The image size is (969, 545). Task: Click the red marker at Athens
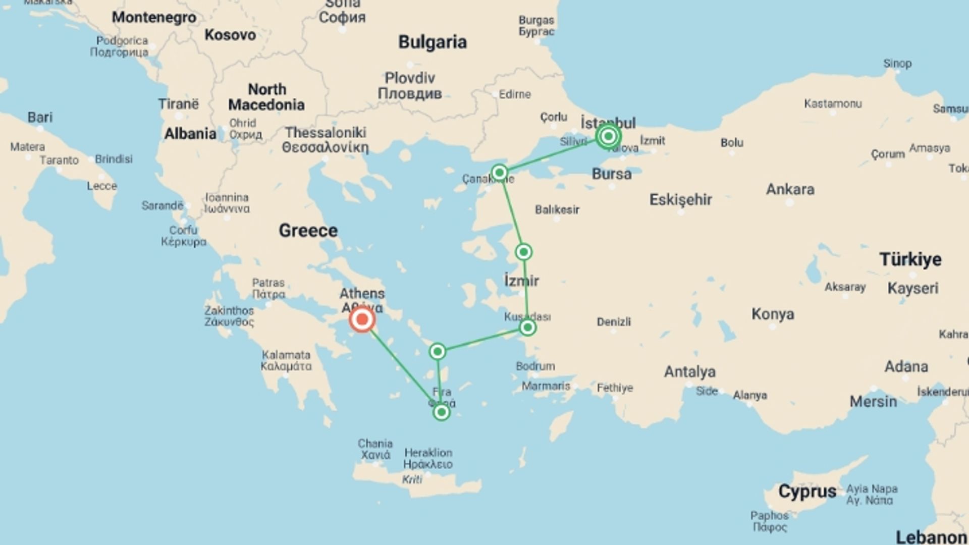(x=362, y=319)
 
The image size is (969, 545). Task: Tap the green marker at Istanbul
(x=608, y=136)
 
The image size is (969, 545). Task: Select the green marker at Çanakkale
(x=499, y=173)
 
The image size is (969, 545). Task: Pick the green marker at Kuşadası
(x=527, y=328)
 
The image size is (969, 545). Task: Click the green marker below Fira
(x=441, y=412)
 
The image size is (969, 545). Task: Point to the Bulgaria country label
(x=432, y=42)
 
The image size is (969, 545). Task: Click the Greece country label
(x=308, y=231)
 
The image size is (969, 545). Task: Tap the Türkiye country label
(x=910, y=259)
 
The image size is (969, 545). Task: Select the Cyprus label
(x=807, y=491)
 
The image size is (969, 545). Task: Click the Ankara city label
(x=790, y=189)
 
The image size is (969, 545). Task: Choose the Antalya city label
(x=689, y=372)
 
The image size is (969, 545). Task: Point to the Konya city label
(x=773, y=314)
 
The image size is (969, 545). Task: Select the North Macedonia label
(x=266, y=97)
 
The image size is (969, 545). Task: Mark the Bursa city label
(x=611, y=174)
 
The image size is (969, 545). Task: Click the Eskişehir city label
(x=680, y=200)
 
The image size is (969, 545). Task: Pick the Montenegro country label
(x=154, y=17)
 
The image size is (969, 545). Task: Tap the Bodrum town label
(x=535, y=366)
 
